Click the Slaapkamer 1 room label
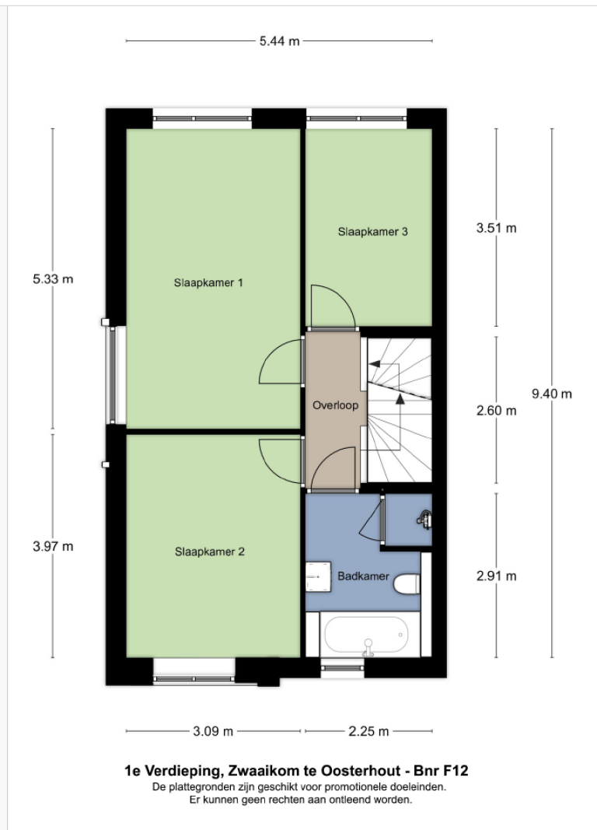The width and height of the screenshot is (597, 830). (208, 283)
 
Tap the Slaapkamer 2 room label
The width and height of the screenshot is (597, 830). (210, 552)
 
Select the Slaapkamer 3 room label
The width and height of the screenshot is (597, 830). (373, 231)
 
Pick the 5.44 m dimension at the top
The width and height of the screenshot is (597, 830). (279, 41)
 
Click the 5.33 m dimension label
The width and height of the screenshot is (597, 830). (53, 278)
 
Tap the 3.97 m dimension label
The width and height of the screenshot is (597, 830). (53, 546)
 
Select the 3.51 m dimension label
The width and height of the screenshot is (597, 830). (496, 228)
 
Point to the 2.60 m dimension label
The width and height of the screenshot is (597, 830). (496, 411)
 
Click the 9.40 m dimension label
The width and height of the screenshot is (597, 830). (551, 394)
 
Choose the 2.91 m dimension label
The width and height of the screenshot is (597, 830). (496, 576)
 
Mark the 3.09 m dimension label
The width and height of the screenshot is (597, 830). (213, 731)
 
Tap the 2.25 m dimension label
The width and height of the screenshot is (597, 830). (368, 731)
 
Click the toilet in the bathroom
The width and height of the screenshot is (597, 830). (406, 583)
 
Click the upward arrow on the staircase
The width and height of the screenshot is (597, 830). (400, 399)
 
